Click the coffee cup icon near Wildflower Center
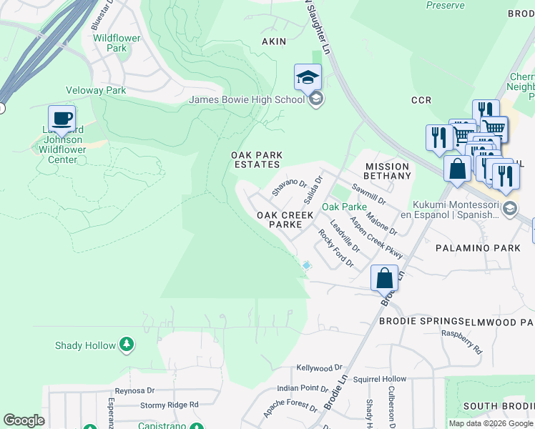tap(62, 118)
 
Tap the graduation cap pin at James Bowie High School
tap(308, 77)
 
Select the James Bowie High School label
tap(246, 99)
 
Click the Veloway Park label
tap(96, 90)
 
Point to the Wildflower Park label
tap(110, 42)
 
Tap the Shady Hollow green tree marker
tap(126, 345)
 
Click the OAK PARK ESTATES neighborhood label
tap(256, 159)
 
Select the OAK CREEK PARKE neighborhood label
tap(280, 219)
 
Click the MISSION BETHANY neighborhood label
tap(386, 171)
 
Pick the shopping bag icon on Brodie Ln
tap(384, 277)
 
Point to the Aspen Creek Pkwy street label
tap(376, 236)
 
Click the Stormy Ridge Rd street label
tap(169, 405)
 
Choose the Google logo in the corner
tap(24, 420)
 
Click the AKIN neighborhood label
tap(274, 41)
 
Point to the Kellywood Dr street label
tap(315, 368)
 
